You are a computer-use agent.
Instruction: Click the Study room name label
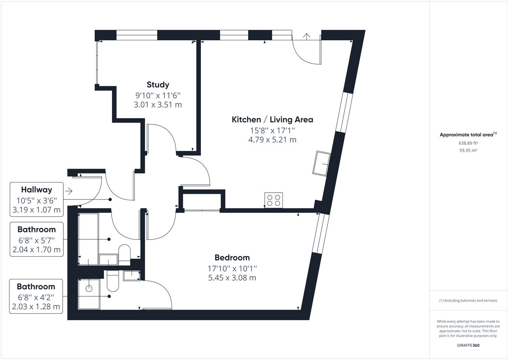(158, 85)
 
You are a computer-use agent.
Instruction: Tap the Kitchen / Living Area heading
(273, 119)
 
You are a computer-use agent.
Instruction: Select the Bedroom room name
(232, 257)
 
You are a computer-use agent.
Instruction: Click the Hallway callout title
(37, 190)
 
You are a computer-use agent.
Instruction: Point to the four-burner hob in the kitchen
(274, 200)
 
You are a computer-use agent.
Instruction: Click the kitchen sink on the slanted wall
(321, 163)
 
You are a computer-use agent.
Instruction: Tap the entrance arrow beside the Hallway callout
(69, 191)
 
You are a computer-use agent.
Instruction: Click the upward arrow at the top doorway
(307, 37)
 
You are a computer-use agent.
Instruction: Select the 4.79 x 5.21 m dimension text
(273, 140)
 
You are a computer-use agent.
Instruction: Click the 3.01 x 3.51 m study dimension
(158, 105)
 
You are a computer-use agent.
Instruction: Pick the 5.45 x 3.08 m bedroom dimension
(232, 278)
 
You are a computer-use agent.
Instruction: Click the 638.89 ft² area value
(468, 143)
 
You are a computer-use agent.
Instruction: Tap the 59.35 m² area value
(468, 150)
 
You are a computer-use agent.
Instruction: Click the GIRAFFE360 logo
(468, 345)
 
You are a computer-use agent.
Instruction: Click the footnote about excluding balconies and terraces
(468, 300)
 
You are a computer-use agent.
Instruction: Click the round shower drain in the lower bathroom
(89, 289)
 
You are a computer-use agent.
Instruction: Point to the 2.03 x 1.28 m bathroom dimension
(36, 306)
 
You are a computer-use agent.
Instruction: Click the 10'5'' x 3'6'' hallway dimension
(37, 201)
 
